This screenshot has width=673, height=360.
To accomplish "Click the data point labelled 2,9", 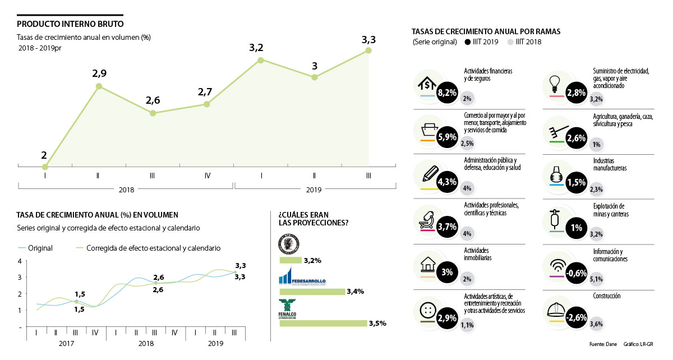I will [x=99, y=86].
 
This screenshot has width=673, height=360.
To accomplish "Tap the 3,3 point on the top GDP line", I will [x=368, y=50].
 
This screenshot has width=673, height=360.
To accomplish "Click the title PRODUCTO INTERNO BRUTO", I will [x=70, y=24].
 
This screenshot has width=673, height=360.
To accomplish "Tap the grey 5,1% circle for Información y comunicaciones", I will [x=596, y=279].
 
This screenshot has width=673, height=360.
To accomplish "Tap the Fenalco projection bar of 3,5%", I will [x=322, y=324].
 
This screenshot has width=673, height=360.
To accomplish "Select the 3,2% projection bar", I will [x=291, y=260].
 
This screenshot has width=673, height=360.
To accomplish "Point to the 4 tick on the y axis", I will [x=20, y=261].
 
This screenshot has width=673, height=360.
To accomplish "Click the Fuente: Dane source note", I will [x=603, y=344].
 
